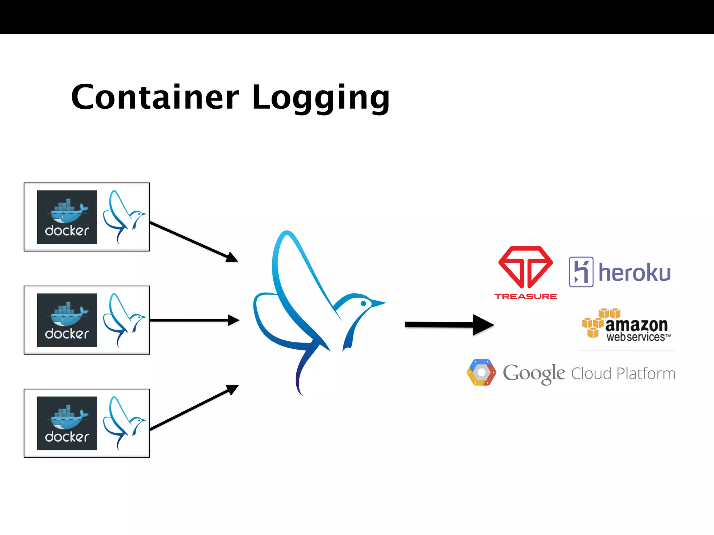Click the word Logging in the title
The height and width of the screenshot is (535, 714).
(x=321, y=98)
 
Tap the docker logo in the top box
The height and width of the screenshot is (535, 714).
(x=67, y=217)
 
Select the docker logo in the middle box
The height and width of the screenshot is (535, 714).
(x=67, y=320)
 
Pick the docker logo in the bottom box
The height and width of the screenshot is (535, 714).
(x=67, y=423)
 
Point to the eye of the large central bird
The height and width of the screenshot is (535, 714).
(x=363, y=304)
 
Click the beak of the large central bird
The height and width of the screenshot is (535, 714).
(x=379, y=303)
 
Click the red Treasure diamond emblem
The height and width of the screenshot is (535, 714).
(x=525, y=267)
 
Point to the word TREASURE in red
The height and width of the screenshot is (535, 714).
(x=525, y=296)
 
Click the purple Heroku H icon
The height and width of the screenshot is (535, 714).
(x=581, y=272)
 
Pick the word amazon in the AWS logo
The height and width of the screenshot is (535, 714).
(x=636, y=325)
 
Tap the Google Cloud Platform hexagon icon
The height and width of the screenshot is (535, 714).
(x=481, y=373)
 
